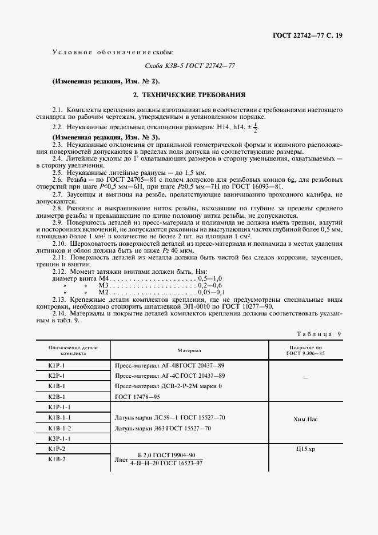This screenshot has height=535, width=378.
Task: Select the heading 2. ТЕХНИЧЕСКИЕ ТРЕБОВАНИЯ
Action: click(189, 94)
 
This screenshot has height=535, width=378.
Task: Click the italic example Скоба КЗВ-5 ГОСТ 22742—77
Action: click(189, 66)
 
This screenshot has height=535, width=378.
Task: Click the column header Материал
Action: click(189, 350)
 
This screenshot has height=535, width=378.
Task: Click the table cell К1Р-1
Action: click(57, 365)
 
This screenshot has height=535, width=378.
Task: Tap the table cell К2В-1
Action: click(57, 396)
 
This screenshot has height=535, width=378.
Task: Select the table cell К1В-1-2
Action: click(59, 428)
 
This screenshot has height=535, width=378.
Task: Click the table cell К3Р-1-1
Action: click(59, 438)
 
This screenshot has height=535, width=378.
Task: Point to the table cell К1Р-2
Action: click(57, 449)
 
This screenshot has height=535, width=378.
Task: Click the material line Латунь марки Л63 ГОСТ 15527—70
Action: click(162, 428)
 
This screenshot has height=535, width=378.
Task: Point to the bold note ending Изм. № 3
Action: click(106, 137)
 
